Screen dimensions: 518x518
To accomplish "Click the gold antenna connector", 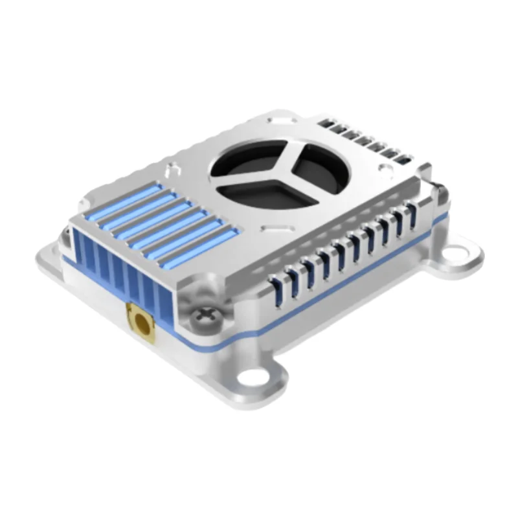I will tap(139, 321).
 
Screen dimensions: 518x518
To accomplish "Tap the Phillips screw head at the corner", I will tap(205, 315).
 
